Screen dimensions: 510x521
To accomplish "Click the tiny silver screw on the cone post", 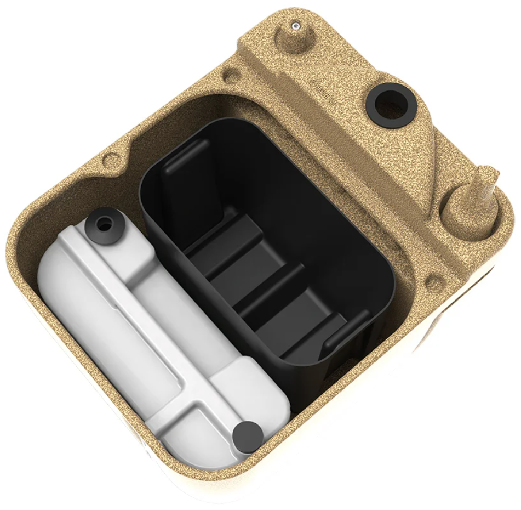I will click(295, 24).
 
